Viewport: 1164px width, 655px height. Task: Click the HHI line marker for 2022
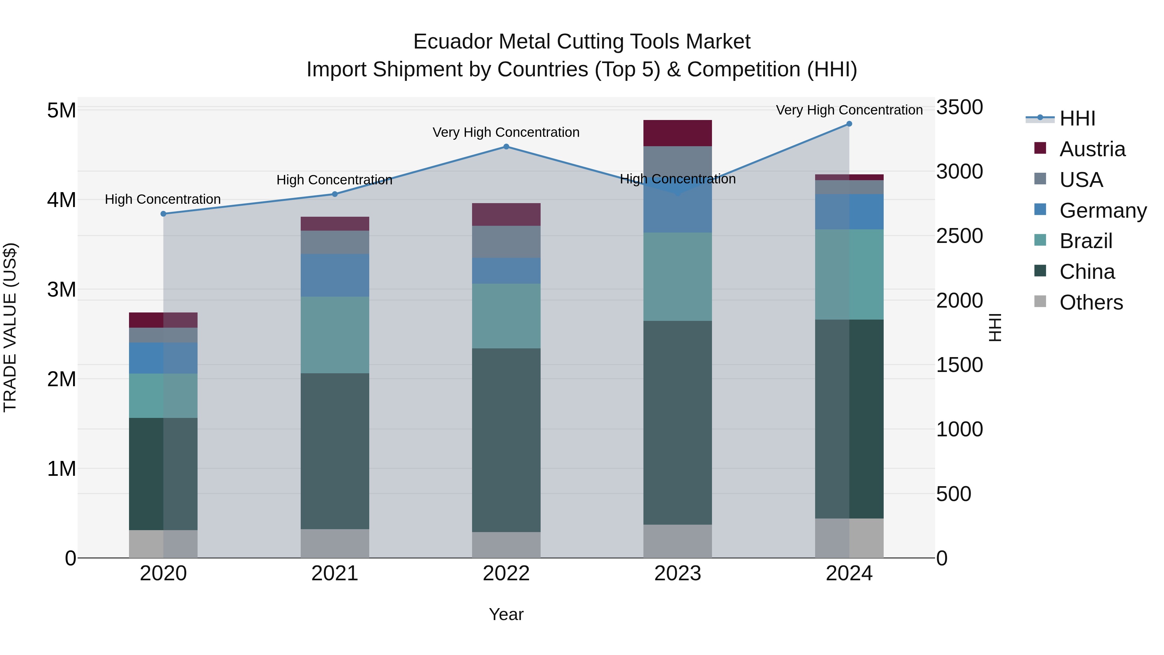click(x=506, y=147)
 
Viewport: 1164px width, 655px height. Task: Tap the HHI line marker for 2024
click(x=849, y=124)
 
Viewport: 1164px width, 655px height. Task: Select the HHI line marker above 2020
click(x=164, y=214)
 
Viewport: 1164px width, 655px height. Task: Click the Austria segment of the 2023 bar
click(x=677, y=133)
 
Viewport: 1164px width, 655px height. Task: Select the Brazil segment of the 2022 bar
click(x=506, y=316)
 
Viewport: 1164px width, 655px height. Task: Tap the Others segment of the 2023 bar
click(x=677, y=541)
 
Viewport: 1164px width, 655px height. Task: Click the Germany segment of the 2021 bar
click(x=335, y=275)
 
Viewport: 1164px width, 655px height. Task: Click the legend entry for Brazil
click(x=1085, y=241)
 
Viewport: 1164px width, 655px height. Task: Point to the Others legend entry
click(x=1091, y=302)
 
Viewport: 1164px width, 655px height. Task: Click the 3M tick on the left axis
click(x=61, y=289)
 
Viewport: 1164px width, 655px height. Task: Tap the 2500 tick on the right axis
click(x=959, y=236)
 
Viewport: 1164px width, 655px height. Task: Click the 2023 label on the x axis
click(x=677, y=573)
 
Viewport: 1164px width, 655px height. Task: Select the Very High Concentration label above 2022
click(x=506, y=132)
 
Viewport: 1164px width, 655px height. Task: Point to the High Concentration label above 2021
click(x=334, y=180)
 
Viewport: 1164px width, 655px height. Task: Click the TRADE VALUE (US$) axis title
click(x=10, y=327)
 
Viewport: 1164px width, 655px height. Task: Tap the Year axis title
click(x=506, y=614)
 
